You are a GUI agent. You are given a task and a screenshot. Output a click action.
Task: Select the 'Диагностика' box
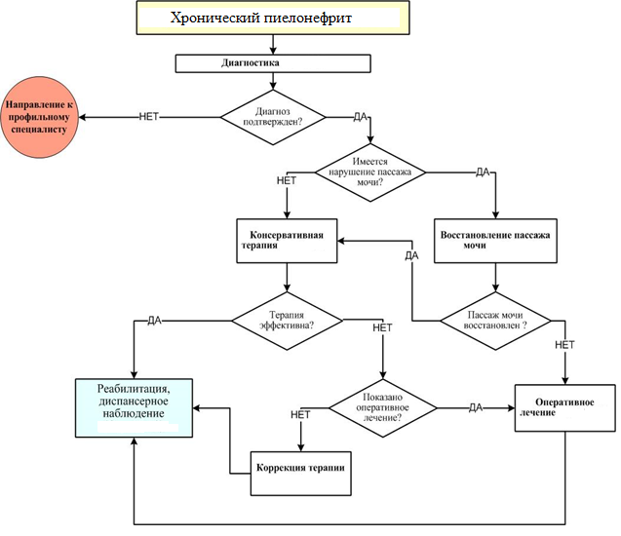[273, 63]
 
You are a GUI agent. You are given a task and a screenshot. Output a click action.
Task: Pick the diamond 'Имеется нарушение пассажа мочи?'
[371, 172]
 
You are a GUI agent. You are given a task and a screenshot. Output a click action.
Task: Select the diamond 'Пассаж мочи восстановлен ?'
[496, 320]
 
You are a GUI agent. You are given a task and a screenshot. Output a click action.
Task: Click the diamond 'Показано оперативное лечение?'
[381, 406]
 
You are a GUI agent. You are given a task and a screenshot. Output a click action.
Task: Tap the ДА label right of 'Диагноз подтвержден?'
[360, 117]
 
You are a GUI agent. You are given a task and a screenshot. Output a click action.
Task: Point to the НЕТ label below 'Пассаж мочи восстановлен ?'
[564, 345]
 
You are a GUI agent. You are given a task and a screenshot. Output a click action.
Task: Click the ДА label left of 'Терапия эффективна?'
[154, 321]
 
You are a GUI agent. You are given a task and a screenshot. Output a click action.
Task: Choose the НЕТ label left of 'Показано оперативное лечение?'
[300, 415]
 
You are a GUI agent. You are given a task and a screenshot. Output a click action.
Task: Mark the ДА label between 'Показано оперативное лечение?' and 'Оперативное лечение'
[476, 406]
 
